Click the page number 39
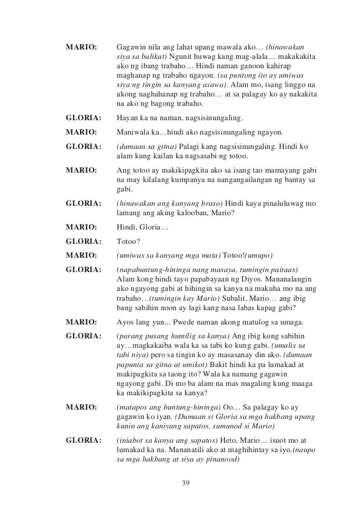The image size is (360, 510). (x=186, y=483)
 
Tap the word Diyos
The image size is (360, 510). (x=269, y=279)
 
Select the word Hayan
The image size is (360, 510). (x=127, y=118)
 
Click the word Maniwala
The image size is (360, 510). (x=133, y=133)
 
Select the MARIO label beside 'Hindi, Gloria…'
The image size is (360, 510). (x=80, y=229)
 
